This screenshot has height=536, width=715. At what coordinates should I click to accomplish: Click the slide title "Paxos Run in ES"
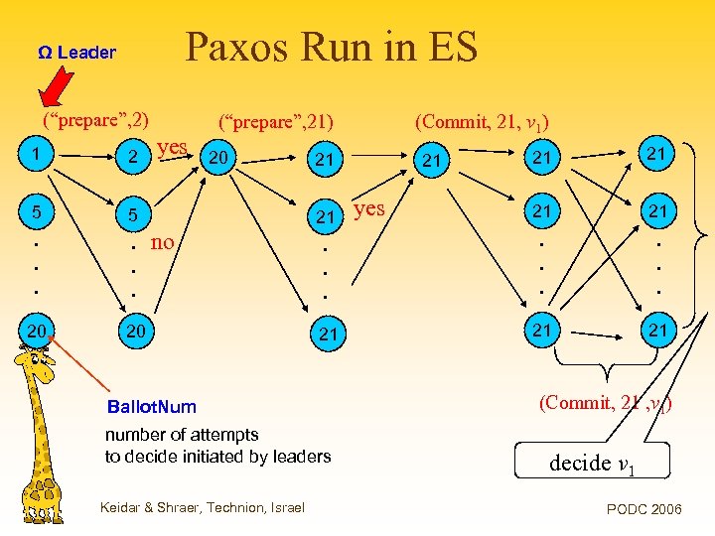click(332, 47)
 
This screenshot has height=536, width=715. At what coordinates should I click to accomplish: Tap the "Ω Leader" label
click(76, 53)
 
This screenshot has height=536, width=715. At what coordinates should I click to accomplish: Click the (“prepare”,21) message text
click(276, 123)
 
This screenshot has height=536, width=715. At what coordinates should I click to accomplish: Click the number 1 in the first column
click(35, 154)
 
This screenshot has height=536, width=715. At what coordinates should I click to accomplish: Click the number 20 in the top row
click(218, 157)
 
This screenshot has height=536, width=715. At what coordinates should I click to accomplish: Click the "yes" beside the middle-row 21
click(368, 208)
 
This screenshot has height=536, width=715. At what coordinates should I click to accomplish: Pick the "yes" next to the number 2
click(172, 148)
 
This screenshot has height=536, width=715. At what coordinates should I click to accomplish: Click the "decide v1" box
click(593, 463)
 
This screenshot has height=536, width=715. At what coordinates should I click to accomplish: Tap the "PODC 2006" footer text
click(643, 509)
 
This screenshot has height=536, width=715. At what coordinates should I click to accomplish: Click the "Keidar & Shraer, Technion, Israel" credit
click(203, 508)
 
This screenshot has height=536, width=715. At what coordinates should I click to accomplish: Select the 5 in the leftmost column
click(35, 210)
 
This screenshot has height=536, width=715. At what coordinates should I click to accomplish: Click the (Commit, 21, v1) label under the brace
click(606, 403)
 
